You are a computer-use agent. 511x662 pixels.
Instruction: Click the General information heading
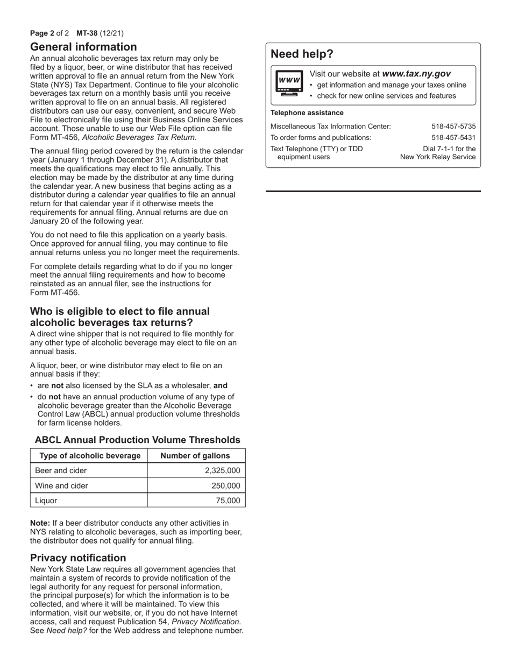tap(83, 47)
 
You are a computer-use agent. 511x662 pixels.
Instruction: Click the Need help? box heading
tap(302, 54)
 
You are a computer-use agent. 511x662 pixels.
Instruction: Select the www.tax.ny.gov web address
tap(416, 74)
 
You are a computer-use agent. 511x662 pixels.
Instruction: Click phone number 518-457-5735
tap(453, 126)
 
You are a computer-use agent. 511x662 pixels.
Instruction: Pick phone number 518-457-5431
tap(453, 137)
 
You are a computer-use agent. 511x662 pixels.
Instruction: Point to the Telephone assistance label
tap(307, 112)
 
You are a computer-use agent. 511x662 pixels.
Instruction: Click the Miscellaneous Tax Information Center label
tap(330, 126)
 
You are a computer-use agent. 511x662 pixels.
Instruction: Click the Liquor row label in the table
tap(46, 501)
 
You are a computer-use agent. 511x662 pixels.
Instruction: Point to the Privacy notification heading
tap(78, 558)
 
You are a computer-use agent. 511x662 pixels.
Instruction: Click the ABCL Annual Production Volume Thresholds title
tap(138, 440)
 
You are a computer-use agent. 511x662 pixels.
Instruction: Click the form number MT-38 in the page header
tap(87, 33)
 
